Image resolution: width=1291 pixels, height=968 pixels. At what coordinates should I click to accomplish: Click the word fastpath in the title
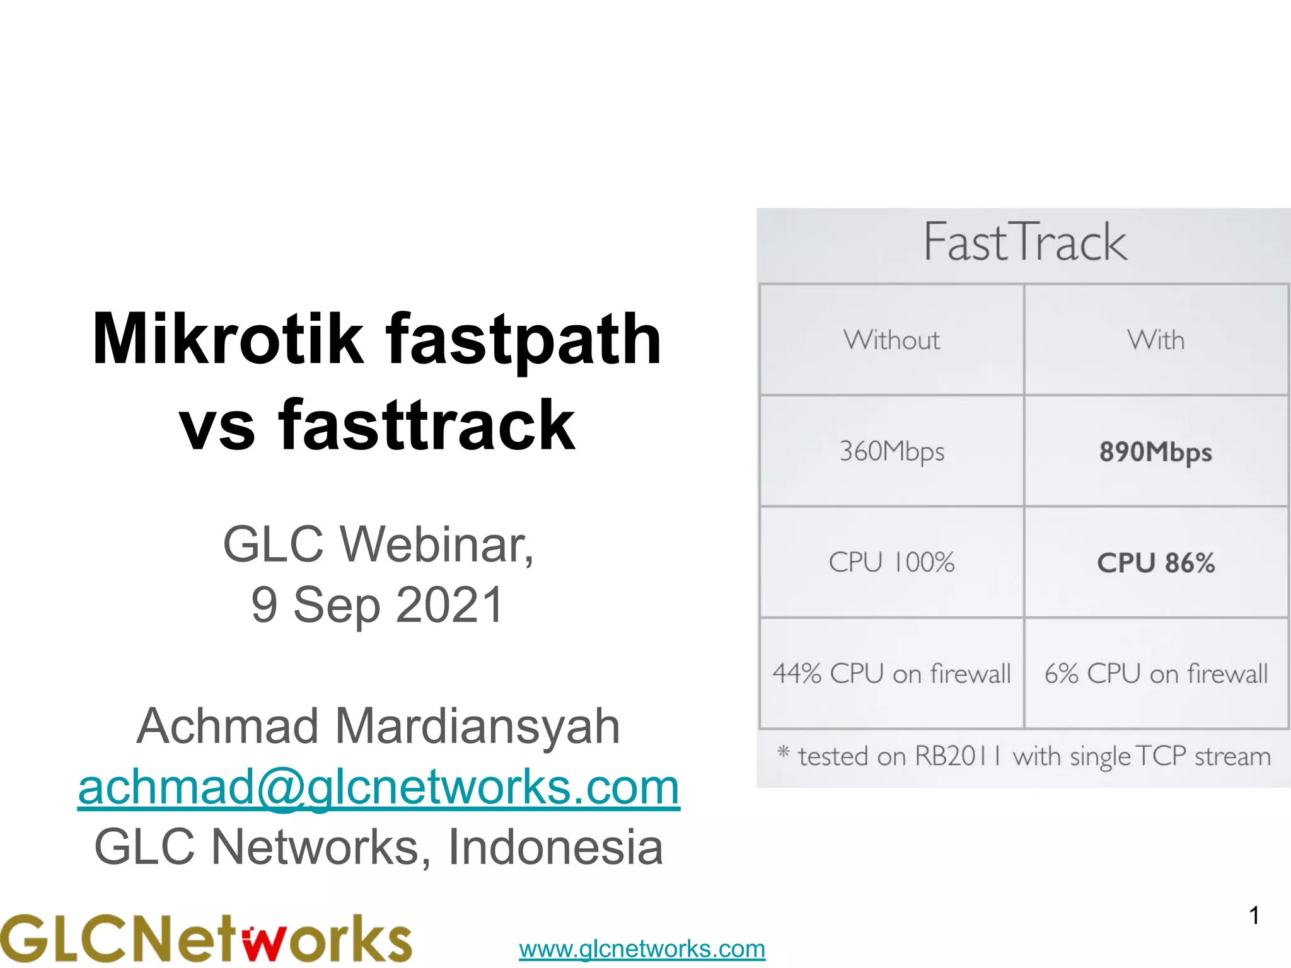[x=523, y=340]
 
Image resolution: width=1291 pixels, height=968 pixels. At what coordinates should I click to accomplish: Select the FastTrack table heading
[x=1025, y=243]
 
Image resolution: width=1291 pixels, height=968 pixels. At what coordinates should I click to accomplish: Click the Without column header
[x=891, y=340]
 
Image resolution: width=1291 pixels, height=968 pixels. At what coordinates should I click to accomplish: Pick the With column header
[x=1155, y=340]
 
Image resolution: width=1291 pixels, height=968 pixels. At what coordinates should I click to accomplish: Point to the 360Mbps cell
[x=891, y=451]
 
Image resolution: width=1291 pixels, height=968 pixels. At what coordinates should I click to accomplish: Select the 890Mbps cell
[x=1155, y=452]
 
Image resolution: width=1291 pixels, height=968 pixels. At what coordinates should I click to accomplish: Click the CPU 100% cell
[x=891, y=562]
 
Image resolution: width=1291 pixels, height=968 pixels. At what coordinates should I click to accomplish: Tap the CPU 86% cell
[x=1155, y=563]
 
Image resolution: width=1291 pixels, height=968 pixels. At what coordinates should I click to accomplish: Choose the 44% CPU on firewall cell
[x=891, y=674]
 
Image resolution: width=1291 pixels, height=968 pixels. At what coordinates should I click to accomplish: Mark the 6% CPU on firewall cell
[x=1155, y=674]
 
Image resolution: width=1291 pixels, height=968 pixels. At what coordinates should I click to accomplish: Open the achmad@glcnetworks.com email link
[x=379, y=787]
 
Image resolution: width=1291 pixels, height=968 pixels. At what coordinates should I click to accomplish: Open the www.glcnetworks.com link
[x=642, y=948]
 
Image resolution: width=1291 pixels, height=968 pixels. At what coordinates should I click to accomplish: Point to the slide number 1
[x=1254, y=915]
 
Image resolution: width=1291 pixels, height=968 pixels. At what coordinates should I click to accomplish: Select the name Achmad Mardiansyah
[x=378, y=726]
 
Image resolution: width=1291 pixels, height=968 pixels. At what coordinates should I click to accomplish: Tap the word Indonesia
[x=555, y=847]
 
